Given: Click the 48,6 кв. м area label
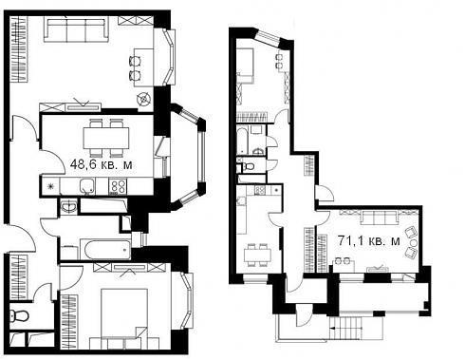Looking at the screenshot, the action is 101,164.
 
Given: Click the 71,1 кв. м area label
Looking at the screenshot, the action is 369,241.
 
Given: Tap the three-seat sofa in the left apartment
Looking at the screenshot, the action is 76,29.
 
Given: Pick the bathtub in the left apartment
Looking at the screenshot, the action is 105,249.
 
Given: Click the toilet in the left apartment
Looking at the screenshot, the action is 19,315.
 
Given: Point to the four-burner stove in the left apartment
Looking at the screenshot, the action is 118,186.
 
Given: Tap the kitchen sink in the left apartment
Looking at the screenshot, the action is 87,186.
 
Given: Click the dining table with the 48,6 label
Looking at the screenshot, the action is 106,138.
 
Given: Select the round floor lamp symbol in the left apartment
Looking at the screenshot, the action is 143,99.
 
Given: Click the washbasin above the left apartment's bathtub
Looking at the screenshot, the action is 68,206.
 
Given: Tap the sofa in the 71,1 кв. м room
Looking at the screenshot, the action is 380,218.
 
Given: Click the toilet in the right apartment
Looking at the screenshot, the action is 249,166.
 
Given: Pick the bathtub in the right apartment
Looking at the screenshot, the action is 242,141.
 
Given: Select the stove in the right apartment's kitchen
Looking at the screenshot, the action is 260,190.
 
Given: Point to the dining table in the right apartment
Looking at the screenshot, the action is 257,255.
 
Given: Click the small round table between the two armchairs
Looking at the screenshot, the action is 414,243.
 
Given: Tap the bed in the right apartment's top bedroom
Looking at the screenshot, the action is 245,66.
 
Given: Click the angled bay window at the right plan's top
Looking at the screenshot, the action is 269,37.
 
